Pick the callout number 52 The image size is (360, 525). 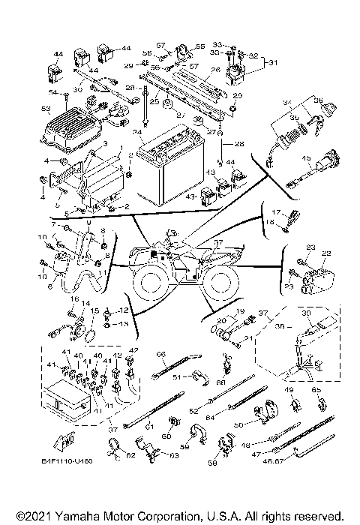(193, 411)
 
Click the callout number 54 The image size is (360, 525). (52, 91)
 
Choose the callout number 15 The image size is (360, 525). (94, 310)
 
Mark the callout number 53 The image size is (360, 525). (45, 109)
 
